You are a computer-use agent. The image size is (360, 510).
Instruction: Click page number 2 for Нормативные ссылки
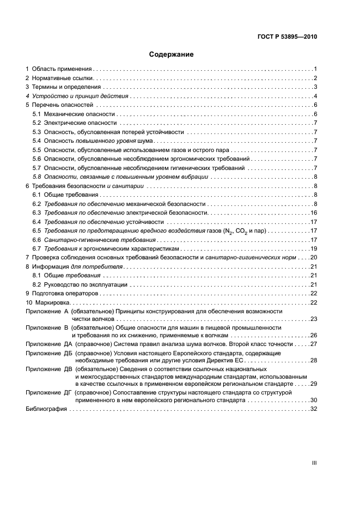315,78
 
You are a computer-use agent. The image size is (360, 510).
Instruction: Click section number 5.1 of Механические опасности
36,114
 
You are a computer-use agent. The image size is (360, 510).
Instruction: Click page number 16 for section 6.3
314,212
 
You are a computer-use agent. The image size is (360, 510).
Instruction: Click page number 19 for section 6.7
314,248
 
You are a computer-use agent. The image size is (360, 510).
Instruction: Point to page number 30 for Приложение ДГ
314,400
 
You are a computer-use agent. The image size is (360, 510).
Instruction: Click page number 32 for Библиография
314,409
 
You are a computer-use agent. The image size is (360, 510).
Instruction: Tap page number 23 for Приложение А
314,320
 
